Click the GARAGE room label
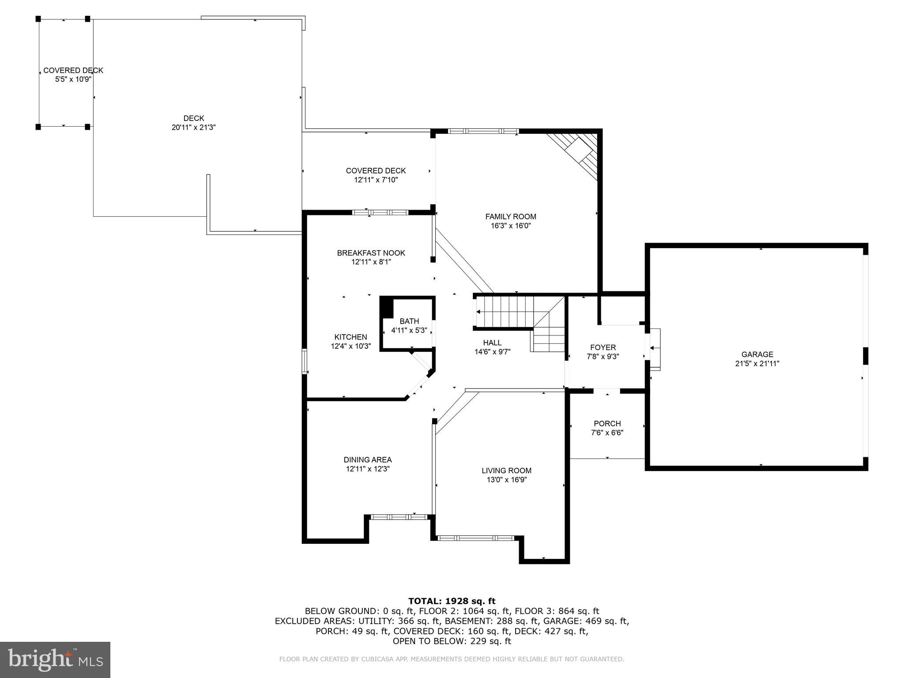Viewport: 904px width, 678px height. pos(757,354)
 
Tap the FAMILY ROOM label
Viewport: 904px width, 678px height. pos(511,216)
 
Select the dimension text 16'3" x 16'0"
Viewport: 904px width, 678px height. pos(511,226)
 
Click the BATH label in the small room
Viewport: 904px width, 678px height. pos(409,321)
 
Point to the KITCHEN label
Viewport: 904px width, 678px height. pos(350,337)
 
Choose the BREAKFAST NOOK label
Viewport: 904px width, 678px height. pos(371,253)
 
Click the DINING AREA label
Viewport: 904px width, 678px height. pos(368,460)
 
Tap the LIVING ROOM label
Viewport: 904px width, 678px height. pos(506,471)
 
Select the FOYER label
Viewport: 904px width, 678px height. pos(603,347)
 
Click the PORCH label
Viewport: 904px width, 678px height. pos(607,423)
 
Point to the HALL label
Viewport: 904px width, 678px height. pos(492,343)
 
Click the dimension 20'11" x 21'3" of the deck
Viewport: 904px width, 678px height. pos(193,128)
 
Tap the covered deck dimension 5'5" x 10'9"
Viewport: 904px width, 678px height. pos(73,79)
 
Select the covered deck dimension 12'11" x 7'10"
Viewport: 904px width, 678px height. pos(376,180)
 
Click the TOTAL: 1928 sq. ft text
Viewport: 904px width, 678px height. pos(452,601)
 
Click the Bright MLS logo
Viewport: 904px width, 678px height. pos(55,659)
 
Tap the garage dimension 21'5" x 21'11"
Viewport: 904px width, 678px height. pos(757,364)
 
